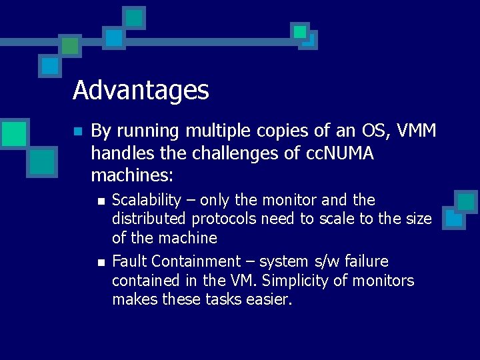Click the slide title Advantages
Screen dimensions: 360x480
click(141, 90)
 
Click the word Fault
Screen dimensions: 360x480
click(129, 261)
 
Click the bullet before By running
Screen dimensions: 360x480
click(78, 131)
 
